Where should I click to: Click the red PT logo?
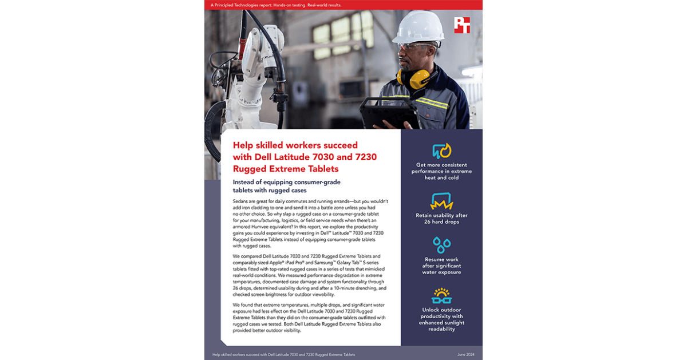pos(461,25)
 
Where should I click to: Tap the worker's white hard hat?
pos(419,27)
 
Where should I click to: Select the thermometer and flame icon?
pos(441,151)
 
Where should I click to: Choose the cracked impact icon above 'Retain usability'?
pos(441,201)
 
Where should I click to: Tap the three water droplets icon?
pos(441,245)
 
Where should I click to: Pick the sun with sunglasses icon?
pos(441,295)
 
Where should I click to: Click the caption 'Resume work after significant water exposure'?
pos(441,266)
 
